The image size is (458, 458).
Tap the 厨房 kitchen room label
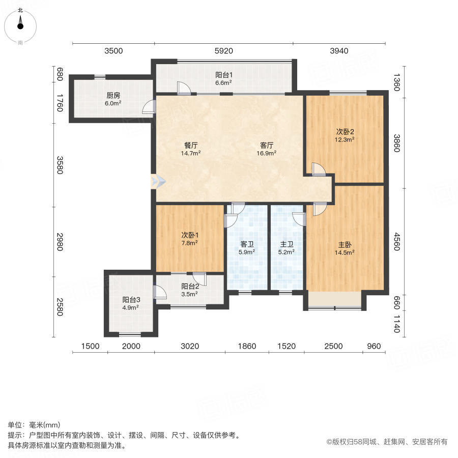pos(113,95)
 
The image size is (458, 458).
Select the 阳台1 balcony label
pos(223,75)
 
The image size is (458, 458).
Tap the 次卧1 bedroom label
pos(189,235)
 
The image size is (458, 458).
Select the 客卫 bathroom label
pos(247,244)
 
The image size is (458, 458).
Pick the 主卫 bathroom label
pos(287,244)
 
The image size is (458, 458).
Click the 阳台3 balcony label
pos(130,300)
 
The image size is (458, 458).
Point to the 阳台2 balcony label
pos(189,286)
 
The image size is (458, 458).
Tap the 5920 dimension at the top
pos(223,50)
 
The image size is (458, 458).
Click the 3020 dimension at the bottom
pos(189,347)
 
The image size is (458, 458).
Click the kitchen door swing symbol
pos(148,106)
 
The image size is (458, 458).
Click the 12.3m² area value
pos(345,138)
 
